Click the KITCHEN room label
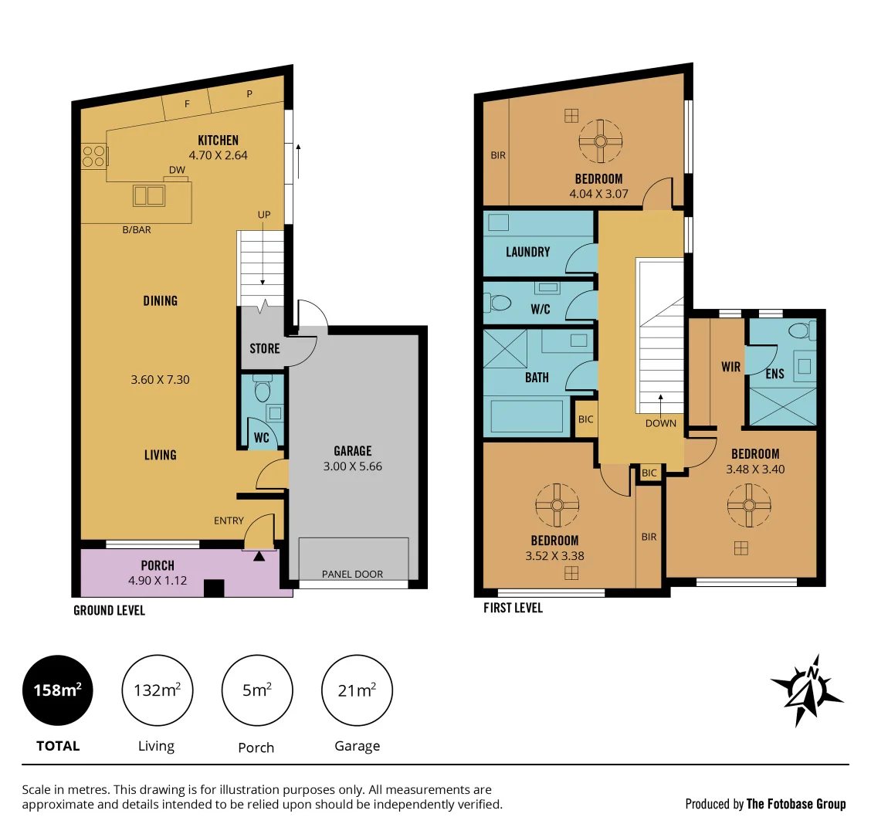coord(218,140)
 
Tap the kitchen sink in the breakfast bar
coord(149,195)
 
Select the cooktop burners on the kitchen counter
coord(94,156)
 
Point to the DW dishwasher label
coord(177,170)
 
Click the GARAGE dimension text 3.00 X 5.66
coord(352,466)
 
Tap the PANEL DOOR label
coord(352,574)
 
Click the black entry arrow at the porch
coord(259,554)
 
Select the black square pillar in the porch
coord(213,588)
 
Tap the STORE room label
coord(264,348)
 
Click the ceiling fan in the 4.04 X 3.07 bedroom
coord(600,141)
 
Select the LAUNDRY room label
coord(527,252)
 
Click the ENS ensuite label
coord(774,374)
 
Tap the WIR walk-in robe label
coord(730,367)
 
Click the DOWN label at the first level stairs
coord(660,423)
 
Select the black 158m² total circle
coord(58,690)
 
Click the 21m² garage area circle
coord(357,690)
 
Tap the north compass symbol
coord(807,690)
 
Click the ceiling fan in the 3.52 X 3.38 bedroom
coord(556,505)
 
